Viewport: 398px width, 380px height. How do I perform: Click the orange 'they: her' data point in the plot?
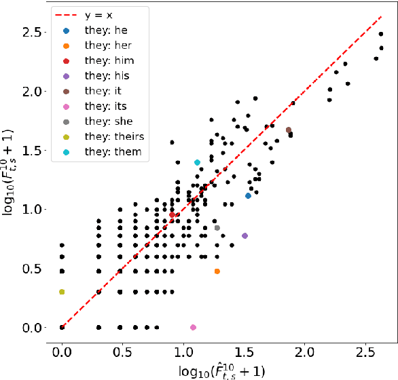point(217,271)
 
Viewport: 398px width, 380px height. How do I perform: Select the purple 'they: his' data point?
point(245,235)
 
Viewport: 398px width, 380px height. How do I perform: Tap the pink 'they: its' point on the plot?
point(193,327)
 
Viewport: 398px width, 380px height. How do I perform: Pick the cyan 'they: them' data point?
point(197,163)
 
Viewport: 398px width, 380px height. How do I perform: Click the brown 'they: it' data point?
point(289,130)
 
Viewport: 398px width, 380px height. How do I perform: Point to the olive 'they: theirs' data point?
point(62,292)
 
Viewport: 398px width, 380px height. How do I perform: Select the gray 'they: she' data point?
point(217,228)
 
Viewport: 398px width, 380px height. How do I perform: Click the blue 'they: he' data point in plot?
point(249,195)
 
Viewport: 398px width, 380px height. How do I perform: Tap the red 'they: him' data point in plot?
point(173,214)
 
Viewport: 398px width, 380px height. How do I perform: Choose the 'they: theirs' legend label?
point(114,136)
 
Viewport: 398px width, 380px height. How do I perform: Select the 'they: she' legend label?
point(109,121)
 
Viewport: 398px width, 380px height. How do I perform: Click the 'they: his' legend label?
point(107,75)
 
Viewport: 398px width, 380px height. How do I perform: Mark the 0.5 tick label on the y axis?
point(32,269)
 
